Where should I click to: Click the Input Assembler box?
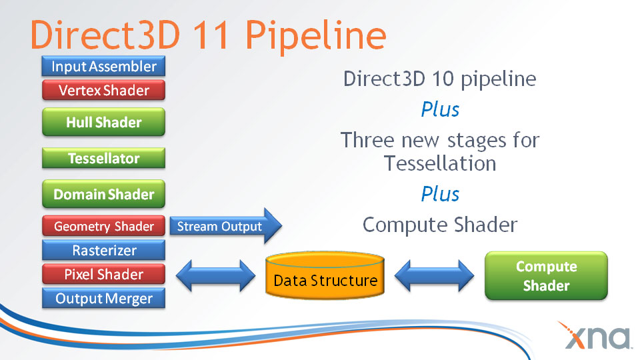(x=103, y=66)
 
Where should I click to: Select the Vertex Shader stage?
(x=103, y=90)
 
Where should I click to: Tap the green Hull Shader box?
(x=103, y=123)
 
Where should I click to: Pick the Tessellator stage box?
(x=103, y=159)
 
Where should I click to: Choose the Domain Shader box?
(x=103, y=195)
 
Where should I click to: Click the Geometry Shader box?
(x=103, y=227)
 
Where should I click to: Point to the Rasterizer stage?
(x=103, y=251)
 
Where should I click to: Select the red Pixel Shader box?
(x=103, y=275)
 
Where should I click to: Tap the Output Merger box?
(x=103, y=299)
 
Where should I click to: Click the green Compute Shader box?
(x=546, y=276)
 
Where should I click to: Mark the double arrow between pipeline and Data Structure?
(x=215, y=275)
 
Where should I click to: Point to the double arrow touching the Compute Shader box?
(x=434, y=275)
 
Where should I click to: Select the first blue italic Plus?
(x=440, y=109)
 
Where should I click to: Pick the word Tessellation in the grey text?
(x=440, y=163)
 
